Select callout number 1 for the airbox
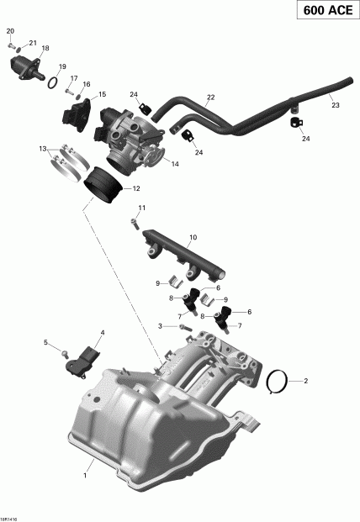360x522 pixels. [x=84, y=477]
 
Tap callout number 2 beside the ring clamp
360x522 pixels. [x=305, y=382]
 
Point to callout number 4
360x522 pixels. [x=103, y=334]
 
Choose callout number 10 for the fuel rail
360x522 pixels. [x=193, y=238]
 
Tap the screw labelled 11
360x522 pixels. [x=134, y=223]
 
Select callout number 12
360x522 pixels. [x=135, y=188]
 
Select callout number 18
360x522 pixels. [x=45, y=49]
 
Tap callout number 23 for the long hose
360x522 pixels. [x=335, y=106]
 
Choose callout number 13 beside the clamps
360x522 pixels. [x=42, y=149]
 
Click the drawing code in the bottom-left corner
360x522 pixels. [x=10, y=516]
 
